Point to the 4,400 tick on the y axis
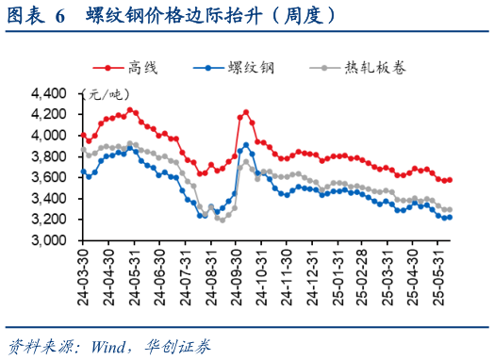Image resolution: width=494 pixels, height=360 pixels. point(51,93)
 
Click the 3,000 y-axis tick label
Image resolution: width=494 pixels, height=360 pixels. point(51,240)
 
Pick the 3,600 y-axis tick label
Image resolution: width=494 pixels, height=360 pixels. point(51,177)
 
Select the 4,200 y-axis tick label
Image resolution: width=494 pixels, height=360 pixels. point(51,114)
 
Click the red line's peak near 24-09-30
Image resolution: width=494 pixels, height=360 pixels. point(246,112)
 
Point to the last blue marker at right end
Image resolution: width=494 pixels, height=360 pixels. point(450,218)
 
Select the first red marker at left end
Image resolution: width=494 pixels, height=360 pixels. point(82,135)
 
